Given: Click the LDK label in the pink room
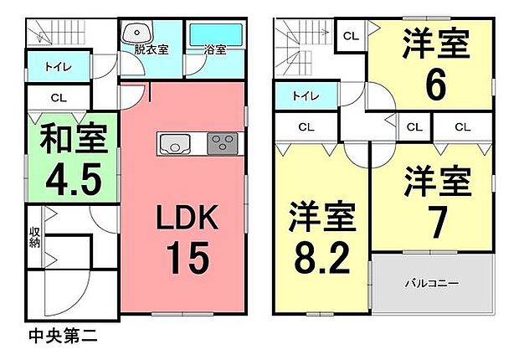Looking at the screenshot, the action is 188,218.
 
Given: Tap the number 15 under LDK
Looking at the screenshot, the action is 188,257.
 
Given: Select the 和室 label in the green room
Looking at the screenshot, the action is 74,138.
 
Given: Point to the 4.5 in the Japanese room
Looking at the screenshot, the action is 74,179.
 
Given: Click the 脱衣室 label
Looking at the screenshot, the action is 152,49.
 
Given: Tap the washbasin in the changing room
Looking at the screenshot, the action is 137,33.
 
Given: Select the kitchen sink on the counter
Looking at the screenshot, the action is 175,144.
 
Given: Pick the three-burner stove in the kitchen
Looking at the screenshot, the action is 223,143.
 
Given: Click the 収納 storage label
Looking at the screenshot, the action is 34,237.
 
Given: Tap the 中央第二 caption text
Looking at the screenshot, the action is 63,336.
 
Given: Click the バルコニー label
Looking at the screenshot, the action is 432,283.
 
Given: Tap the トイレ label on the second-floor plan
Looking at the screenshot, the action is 306,96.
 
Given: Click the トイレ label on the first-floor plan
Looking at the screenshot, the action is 59,67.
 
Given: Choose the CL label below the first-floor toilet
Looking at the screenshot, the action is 59,98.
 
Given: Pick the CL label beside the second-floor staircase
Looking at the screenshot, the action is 351,36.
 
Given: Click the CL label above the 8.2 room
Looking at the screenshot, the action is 306,127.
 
